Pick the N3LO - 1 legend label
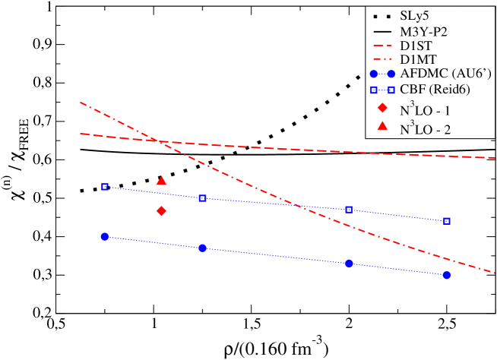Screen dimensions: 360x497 (429, 109)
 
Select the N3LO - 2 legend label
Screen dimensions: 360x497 (429, 128)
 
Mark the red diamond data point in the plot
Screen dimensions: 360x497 (161, 210)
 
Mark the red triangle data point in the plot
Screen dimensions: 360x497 (161, 181)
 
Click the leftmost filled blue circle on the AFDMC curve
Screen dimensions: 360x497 (105, 236)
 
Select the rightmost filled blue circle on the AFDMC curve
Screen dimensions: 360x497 (446, 275)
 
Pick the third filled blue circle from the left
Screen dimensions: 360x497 (349, 264)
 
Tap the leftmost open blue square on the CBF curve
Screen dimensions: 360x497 (106, 186)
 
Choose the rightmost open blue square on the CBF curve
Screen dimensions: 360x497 (447, 221)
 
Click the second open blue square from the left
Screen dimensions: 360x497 (202, 198)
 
